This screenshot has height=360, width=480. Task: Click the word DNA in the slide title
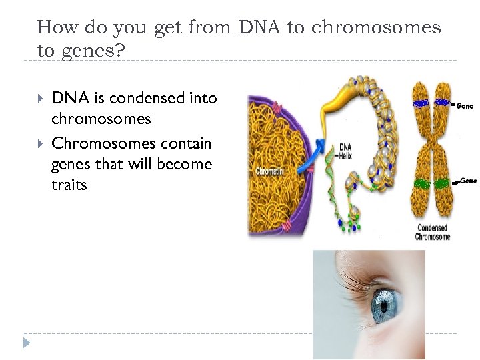pyautogui.click(x=251, y=27)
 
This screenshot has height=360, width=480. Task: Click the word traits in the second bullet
pyautogui.click(x=69, y=185)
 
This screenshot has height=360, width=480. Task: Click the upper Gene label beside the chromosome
pyautogui.click(x=464, y=105)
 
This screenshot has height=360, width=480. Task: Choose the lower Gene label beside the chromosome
pyautogui.click(x=467, y=181)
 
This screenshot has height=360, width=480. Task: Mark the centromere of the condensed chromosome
pyautogui.click(x=431, y=145)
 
